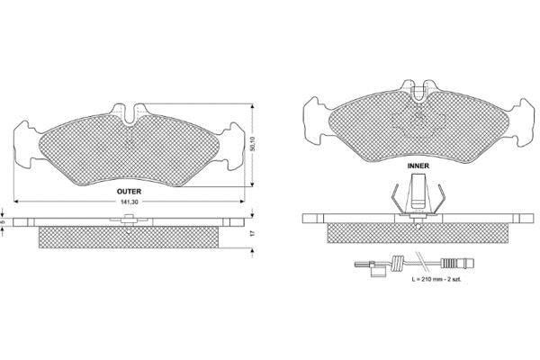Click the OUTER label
129,192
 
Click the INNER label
418,166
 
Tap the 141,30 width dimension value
129,202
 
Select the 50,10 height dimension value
253,144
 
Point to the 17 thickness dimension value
252,233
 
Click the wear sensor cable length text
436,279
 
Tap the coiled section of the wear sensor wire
399,264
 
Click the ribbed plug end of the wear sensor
457,264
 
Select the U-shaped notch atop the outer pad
130,114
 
